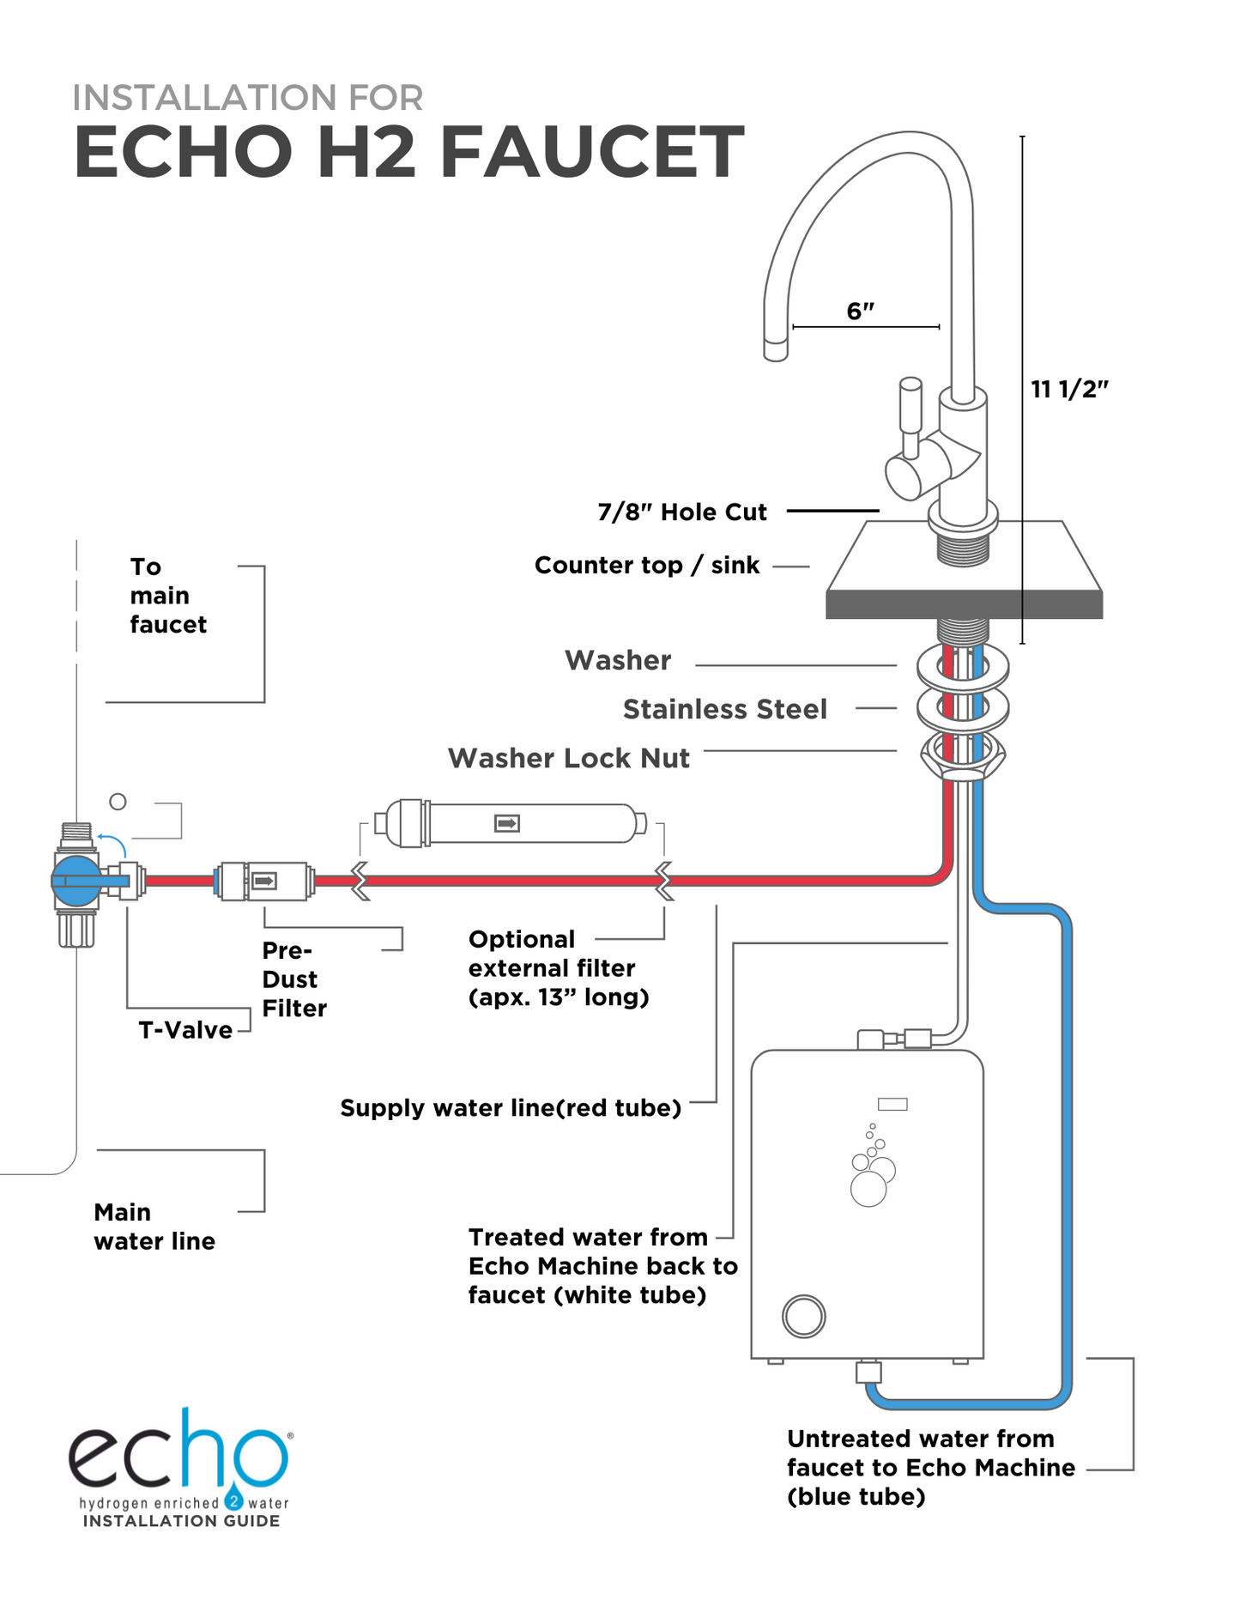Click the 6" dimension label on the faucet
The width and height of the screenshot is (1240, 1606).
[860, 311]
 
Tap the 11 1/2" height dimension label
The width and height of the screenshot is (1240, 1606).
[1069, 389]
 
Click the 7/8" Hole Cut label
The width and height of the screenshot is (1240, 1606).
[682, 512]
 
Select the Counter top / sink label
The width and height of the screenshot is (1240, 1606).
[647, 566]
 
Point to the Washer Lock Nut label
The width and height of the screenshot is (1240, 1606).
[568, 758]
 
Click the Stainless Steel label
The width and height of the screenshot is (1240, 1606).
[724, 709]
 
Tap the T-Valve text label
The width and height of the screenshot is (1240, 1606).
[185, 1030]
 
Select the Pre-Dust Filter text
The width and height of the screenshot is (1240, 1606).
[293, 979]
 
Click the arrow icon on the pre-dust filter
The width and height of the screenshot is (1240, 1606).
[263, 881]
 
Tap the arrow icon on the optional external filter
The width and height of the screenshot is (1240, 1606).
[507, 824]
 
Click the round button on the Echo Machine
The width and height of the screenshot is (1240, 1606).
[804, 1316]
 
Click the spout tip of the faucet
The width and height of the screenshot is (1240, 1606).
[776, 350]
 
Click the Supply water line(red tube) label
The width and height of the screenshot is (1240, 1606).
[511, 1108]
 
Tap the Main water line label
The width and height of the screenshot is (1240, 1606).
[154, 1227]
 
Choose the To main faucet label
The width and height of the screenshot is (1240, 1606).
[167, 596]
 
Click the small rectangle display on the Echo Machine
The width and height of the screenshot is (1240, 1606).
[892, 1104]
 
